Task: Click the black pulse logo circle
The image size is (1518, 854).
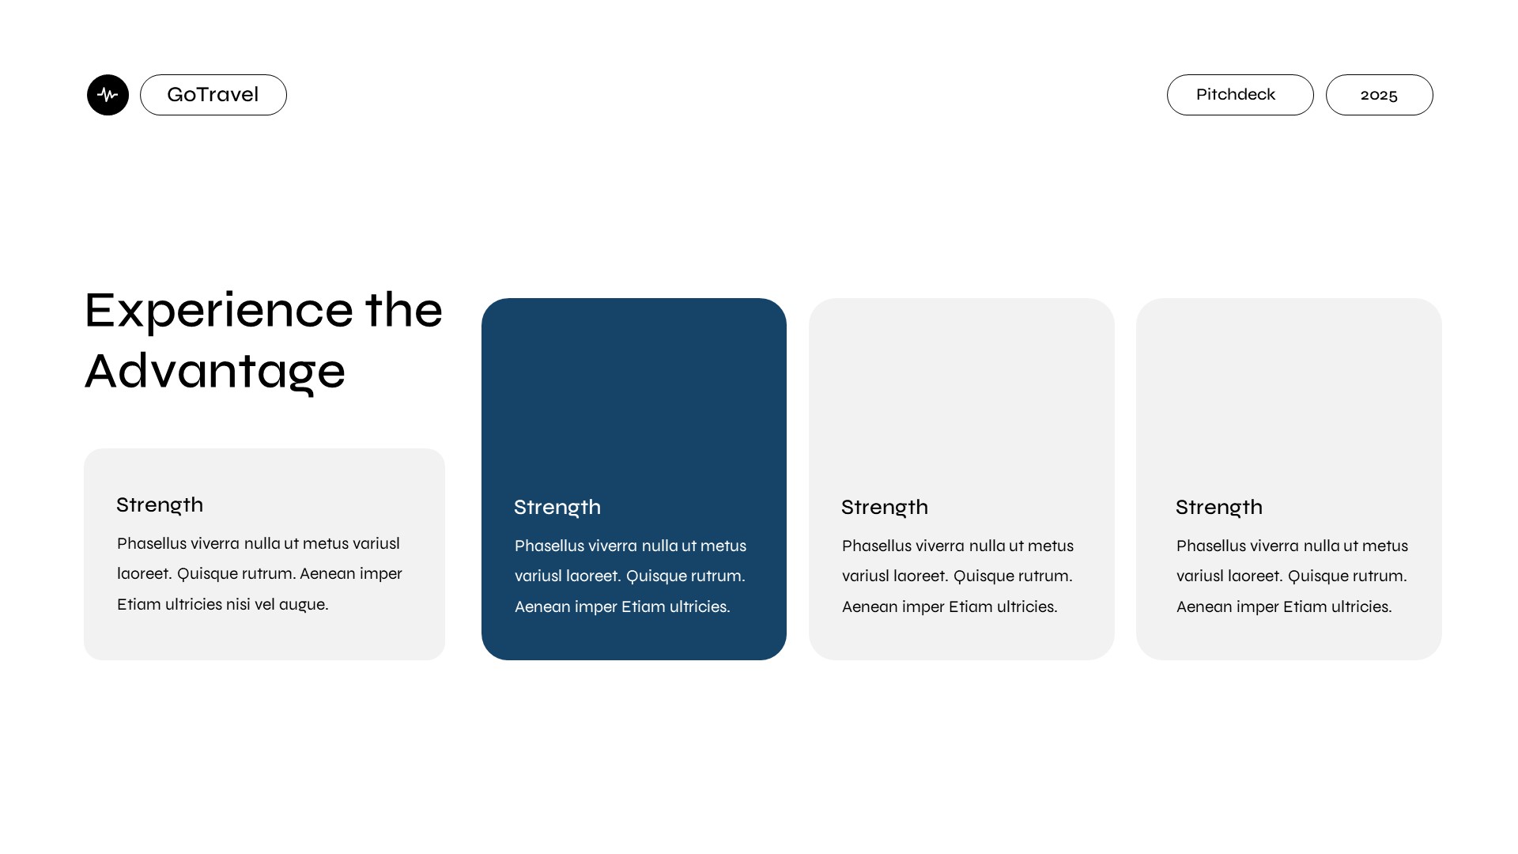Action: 108,95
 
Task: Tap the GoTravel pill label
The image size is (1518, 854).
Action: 213,95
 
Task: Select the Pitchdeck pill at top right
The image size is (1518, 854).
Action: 1239,95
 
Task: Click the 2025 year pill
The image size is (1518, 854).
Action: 1379,95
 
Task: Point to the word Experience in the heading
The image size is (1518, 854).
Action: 219,311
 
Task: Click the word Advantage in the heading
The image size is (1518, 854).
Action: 215,372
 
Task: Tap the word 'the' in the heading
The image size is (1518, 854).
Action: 403,311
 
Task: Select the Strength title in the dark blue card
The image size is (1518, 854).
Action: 557,507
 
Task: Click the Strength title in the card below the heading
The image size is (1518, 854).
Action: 160,504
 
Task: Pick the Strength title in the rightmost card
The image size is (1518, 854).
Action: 1218,507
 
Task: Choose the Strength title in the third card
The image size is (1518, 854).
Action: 884,507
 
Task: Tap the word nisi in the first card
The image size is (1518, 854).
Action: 238,605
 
